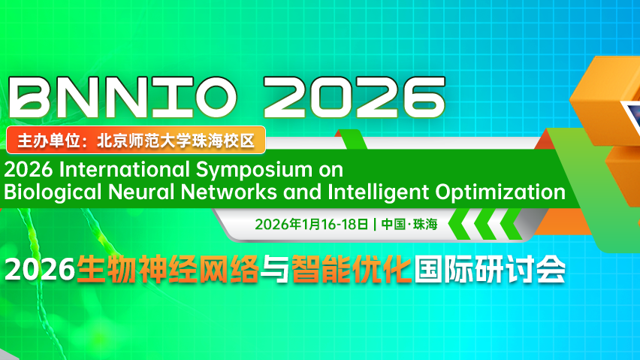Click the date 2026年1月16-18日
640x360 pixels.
[x=312, y=224]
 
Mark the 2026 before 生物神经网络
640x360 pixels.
[x=40, y=269]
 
